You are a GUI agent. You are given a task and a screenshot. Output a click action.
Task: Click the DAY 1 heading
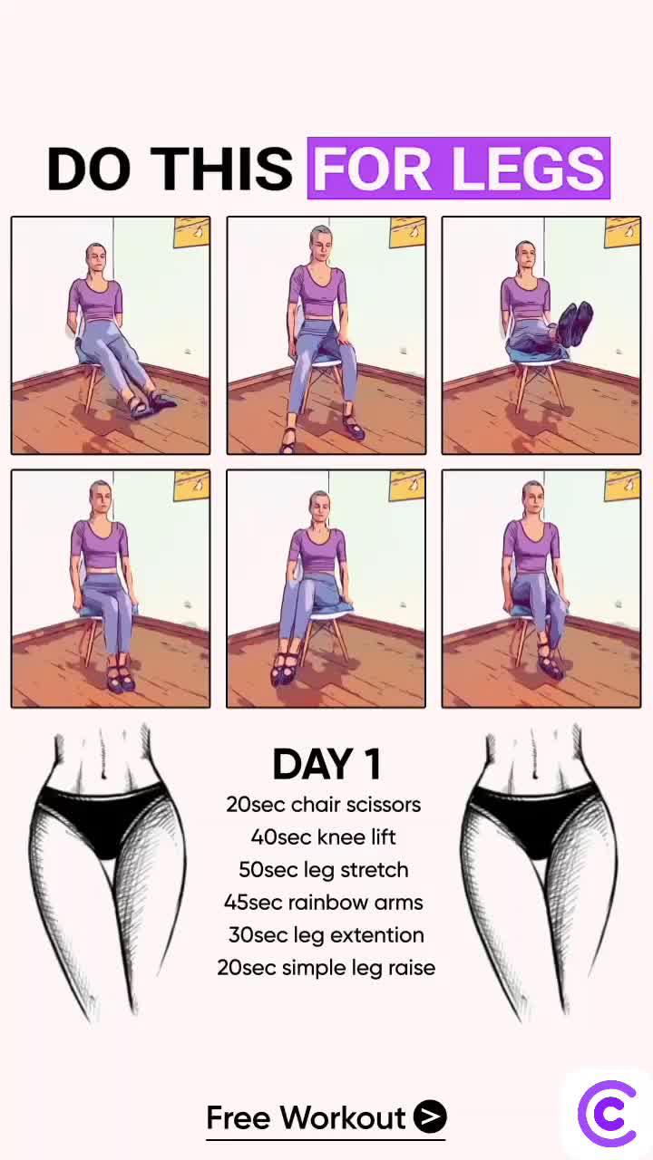[326, 765]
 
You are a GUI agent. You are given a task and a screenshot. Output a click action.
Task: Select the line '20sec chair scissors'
[324, 805]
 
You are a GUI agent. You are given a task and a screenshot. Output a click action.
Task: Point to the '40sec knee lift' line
[324, 837]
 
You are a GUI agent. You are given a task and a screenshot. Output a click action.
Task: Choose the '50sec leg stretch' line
[324, 870]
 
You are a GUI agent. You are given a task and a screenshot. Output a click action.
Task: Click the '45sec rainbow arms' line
[324, 903]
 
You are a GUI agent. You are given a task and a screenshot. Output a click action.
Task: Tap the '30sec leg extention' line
[326, 935]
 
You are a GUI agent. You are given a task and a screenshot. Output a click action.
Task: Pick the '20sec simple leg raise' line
[326, 968]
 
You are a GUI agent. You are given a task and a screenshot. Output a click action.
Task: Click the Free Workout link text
[306, 1118]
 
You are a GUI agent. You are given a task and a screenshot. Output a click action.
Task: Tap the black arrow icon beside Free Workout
[430, 1117]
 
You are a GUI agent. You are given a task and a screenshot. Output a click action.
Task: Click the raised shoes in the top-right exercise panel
[574, 324]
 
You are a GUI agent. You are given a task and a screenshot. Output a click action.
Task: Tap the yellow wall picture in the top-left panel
[191, 232]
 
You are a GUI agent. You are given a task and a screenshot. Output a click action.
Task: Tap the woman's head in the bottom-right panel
[532, 497]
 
